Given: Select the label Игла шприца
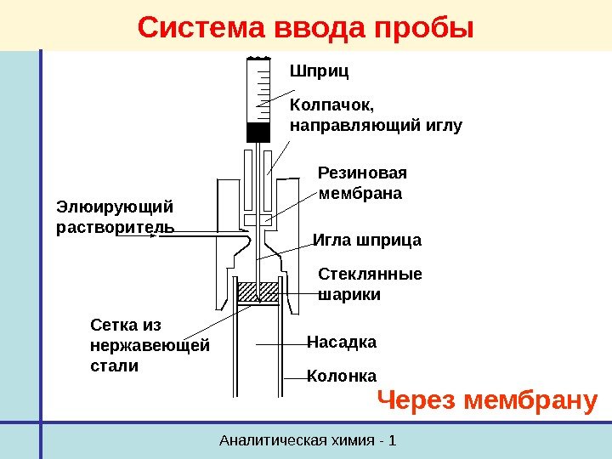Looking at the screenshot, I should tap(367, 241).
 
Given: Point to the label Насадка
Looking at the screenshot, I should tap(340, 342).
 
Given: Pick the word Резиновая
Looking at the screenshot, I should tap(362, 173).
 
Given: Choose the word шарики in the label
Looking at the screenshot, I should tap(348, 295).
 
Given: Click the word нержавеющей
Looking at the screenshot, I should tap(148, 346).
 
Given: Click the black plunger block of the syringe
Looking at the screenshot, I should tap(258, 133).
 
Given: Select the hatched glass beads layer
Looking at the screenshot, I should tap(258, 292).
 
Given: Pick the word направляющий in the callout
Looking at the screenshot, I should tap(355, 126).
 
